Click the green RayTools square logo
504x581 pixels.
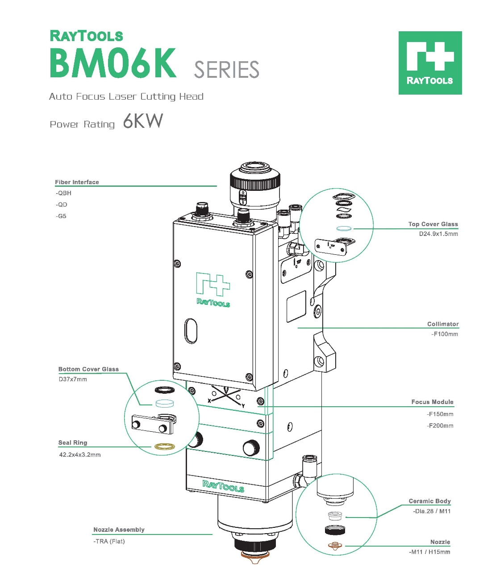430,63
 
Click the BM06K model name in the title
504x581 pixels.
113,63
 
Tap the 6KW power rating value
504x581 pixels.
143,121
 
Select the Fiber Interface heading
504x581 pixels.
77,182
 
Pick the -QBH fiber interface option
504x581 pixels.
63,193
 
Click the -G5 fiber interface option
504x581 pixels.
61,216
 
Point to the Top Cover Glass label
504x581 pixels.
433,224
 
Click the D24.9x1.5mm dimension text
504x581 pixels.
438,234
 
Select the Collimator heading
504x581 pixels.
442,324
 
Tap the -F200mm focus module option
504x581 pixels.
440,425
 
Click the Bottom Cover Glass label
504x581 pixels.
88,369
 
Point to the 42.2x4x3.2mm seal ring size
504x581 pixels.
80,455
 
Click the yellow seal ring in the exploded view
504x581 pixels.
164,446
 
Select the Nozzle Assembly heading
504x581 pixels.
119,530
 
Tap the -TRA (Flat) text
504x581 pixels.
109,541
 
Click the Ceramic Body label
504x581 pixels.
429,501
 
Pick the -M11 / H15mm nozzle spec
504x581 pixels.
429,552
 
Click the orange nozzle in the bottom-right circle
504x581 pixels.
335,546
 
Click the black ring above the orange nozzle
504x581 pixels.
335,530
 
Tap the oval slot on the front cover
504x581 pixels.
191,331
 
